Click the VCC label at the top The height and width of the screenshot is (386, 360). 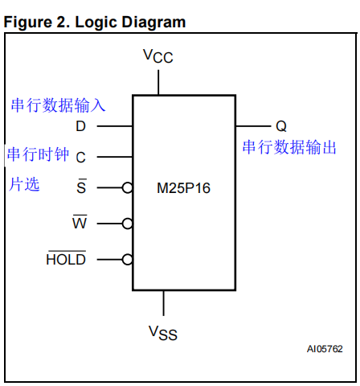point(158,55)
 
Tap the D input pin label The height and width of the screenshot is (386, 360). point(80,127)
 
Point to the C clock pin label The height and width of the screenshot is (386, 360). point(80,158)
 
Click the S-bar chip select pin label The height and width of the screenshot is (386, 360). point(80,187)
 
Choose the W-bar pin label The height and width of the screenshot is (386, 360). point(80,223)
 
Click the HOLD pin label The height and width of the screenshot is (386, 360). point(66,259)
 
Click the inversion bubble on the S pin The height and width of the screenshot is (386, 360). point(127,188)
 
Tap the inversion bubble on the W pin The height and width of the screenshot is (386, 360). point(127,224)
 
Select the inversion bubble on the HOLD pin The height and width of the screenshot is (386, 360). point(127,259)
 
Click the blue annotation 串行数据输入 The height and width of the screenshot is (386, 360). point(58,105)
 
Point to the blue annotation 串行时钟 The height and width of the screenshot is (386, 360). point(38,154)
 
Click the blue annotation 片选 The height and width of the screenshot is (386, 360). point(24,184)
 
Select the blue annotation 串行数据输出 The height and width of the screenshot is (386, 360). point(289,148)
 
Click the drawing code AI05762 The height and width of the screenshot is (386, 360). point(324,349)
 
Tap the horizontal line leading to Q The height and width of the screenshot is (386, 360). point(252,127)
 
